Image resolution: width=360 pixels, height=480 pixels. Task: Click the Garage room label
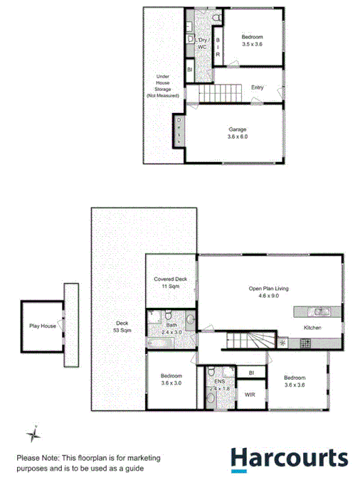click(x=238, y=132)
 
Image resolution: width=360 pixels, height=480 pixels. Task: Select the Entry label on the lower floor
click(x=258, y=87)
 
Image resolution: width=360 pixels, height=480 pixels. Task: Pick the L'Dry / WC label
click(x=203, y=43)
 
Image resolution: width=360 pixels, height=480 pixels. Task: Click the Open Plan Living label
click(x=268, y=292)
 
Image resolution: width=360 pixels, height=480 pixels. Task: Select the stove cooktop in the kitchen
click(x=305, y=343)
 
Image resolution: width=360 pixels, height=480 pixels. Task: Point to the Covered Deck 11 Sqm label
click(x=171, y=283)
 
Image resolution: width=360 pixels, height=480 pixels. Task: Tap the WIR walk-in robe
click(x=250, y=393)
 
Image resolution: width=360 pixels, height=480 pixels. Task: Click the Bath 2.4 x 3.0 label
click(x=174, y=328)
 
